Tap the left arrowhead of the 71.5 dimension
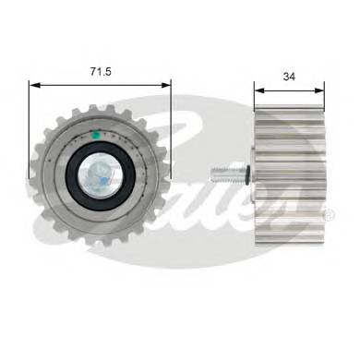pyautogui.click(x=34, y=84)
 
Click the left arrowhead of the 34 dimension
pyautogui.click(x=258, y=90)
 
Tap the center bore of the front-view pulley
pyautogui.click(x=96, y=173)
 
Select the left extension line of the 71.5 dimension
pyautogui.click(x=30, y=120)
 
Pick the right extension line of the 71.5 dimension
pyautogui.click(x=172, y=120)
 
